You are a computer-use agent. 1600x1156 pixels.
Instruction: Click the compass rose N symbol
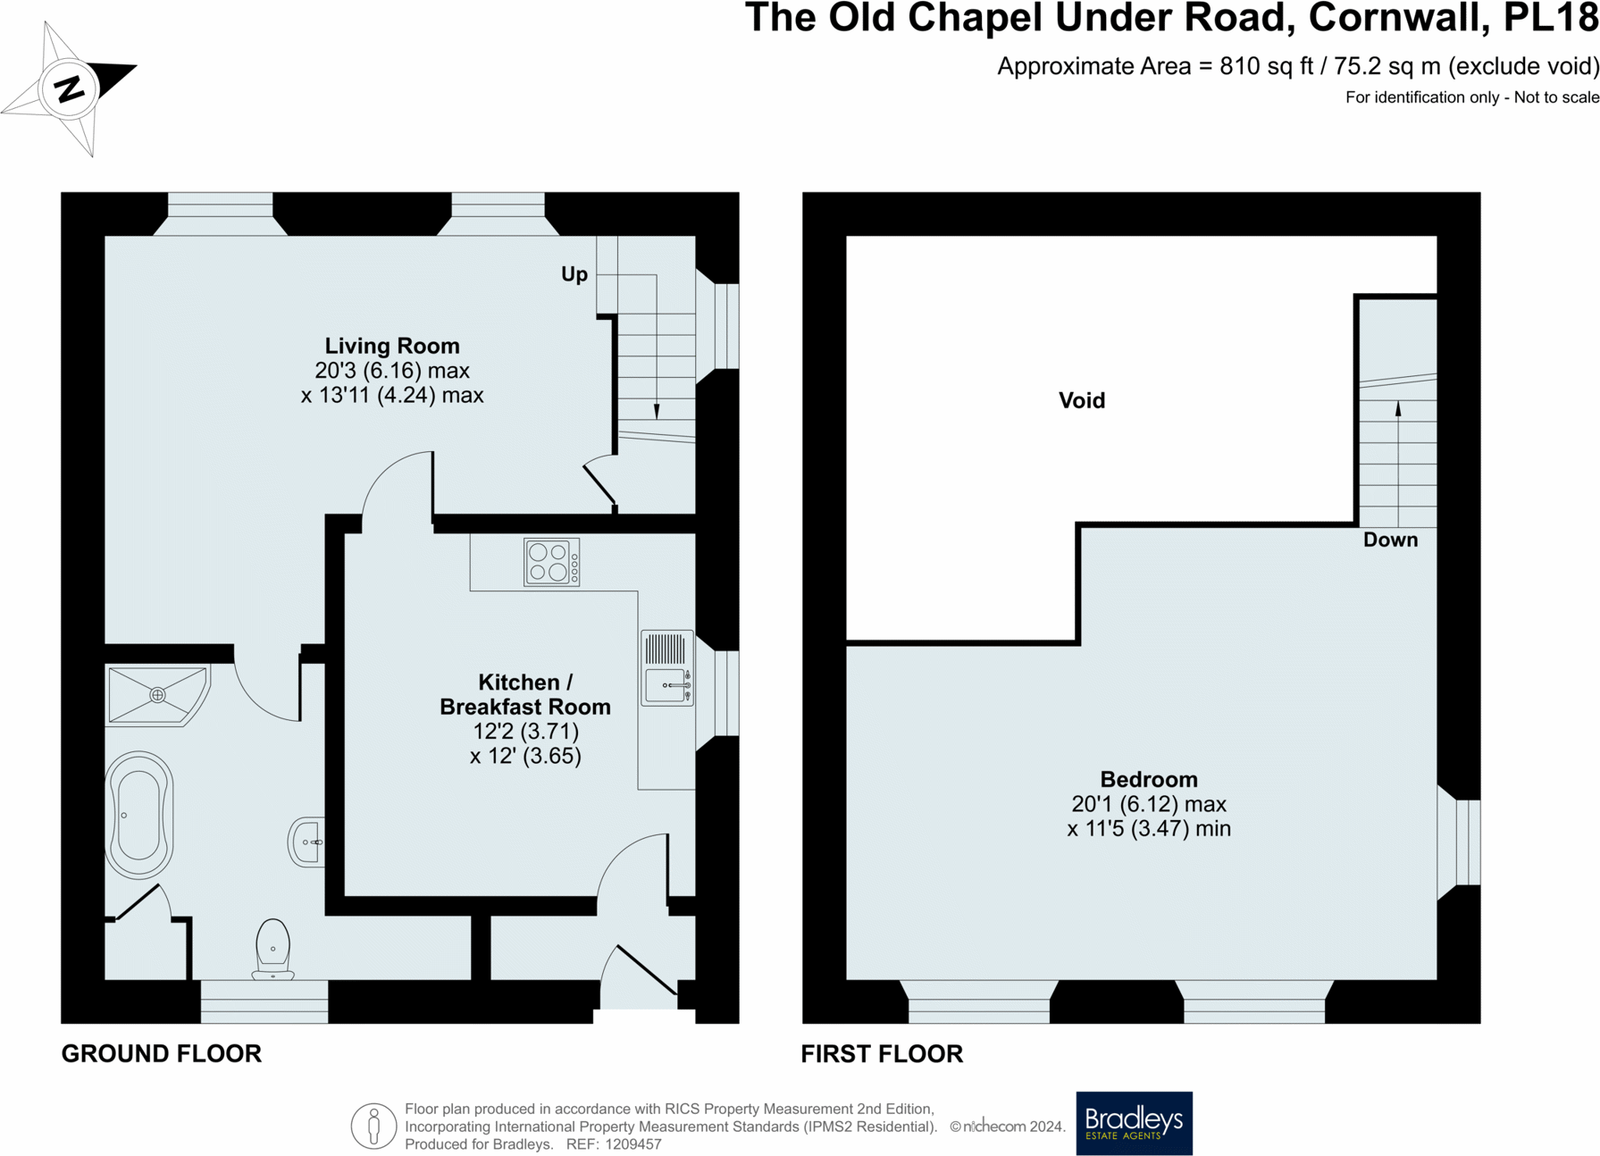pos(69,88)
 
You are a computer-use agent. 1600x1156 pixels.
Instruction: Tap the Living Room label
pos(392,346)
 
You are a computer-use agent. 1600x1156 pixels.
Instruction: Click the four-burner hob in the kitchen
pos(551,562)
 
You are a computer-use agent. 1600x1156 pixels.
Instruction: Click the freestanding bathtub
pos(139,815)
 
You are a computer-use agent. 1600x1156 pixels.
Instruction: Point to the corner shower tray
pos(157,694)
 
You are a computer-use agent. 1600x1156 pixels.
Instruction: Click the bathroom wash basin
pos(306,842)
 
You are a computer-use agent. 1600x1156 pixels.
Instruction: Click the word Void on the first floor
pos(1081,400)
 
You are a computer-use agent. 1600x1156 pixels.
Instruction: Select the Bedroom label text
pos(1148,779)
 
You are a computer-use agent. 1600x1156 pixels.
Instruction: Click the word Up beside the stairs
pos(574,274)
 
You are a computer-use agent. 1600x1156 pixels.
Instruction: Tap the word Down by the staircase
pos(1389,540)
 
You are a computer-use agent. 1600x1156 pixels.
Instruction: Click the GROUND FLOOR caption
pos(161,1053)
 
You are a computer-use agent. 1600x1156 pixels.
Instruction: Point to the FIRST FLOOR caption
pos(881,1054)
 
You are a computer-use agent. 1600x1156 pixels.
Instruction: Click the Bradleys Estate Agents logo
pos(1133,1122)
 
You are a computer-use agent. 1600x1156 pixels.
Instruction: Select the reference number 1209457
pos(632,1144)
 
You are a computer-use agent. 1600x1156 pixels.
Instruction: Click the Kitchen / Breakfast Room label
pos(525,694)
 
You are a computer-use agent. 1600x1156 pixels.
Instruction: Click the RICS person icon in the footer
pos(373,1126)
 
